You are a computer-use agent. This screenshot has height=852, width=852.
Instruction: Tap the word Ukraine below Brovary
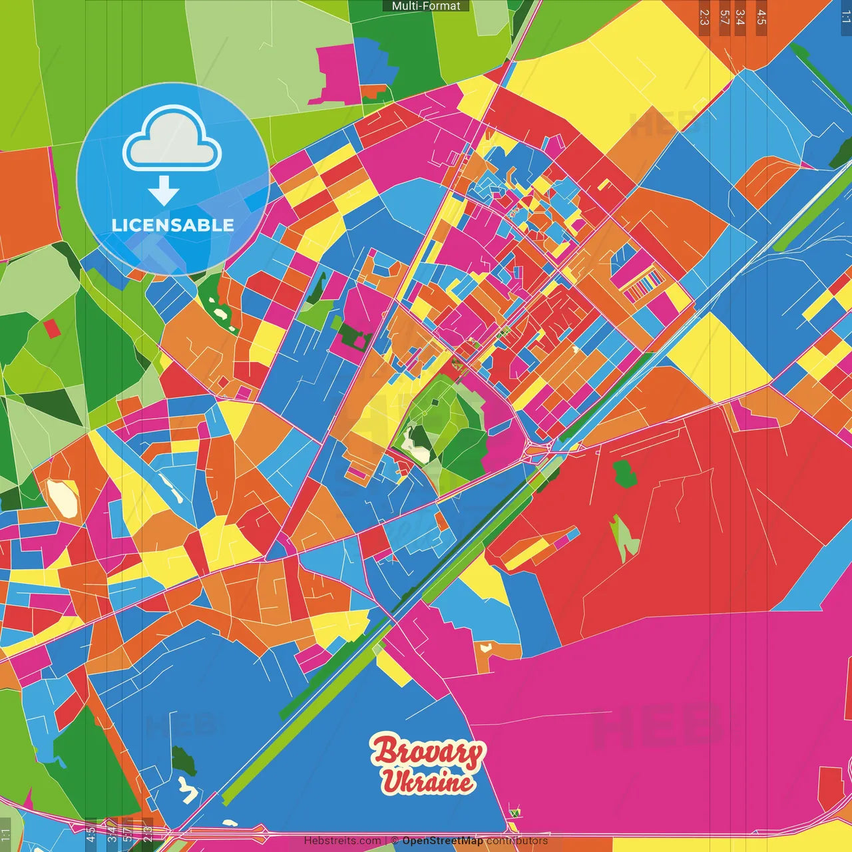point(427,781)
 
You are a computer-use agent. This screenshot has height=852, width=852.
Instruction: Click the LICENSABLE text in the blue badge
point(173,225)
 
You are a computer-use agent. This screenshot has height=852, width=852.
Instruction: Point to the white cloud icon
point(172,138)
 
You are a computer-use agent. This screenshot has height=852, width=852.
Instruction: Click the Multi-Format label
point(426,6)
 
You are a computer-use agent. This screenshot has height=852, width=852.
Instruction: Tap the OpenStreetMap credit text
point(442,841)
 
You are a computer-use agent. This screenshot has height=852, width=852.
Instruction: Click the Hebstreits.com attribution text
point(342,841)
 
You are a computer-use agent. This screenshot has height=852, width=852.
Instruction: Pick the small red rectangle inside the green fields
point(51,328)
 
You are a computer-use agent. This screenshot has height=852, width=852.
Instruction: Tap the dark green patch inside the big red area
point(624,473)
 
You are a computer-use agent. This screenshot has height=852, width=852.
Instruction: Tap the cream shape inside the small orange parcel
point(485,646)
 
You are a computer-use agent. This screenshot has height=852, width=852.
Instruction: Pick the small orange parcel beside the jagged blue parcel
point(374,90)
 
